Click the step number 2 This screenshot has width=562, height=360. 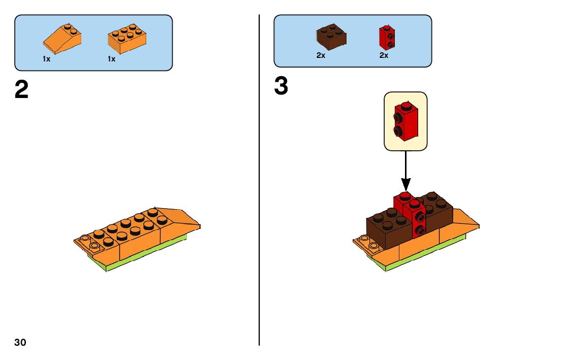coord(21,90)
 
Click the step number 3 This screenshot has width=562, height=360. coord(281,86)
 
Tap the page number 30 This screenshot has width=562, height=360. coord(20,342)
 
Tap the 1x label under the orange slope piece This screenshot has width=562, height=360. coord(47,59)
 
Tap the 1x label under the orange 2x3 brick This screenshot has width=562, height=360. coord(111,59)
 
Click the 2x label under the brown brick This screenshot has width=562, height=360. coord(321,55)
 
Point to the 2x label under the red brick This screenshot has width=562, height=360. coord(384,55)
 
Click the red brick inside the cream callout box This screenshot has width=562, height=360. coord(405,120)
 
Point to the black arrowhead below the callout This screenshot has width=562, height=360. coord(405,183)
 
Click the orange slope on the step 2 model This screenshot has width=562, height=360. coord(180,219)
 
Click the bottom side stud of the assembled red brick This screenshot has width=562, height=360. coord(420,231)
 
